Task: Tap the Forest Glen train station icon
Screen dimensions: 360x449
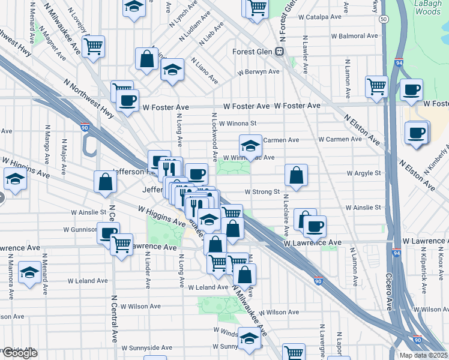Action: coord(280,51)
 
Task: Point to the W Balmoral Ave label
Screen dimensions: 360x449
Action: coord(354,36)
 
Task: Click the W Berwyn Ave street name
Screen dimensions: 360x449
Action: coord(258,71)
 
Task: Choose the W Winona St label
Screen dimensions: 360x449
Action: coord(238,124)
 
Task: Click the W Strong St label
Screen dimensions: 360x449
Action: coord(262,192)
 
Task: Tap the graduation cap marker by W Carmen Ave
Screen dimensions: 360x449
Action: coord(250,145)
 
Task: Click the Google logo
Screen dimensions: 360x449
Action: coord(20,353)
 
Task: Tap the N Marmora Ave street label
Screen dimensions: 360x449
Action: coord(10,276)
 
